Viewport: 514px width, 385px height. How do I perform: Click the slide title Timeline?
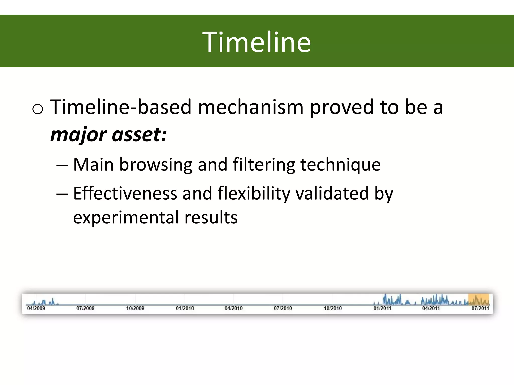point(256,42)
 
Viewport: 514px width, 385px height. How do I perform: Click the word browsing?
point(156,165)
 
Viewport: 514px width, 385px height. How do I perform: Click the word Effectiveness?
point(125,193)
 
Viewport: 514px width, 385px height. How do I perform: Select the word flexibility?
point(253,194)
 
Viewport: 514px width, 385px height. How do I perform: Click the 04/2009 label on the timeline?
point(36,308)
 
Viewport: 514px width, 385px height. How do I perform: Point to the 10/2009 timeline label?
point(135,308)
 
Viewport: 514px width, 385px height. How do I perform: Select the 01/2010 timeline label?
point(185,308)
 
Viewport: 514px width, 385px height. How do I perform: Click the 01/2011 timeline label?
point(382,308)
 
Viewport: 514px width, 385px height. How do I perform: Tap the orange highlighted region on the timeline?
point(479,299)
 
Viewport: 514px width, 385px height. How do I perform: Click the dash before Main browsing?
point(62,165)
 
